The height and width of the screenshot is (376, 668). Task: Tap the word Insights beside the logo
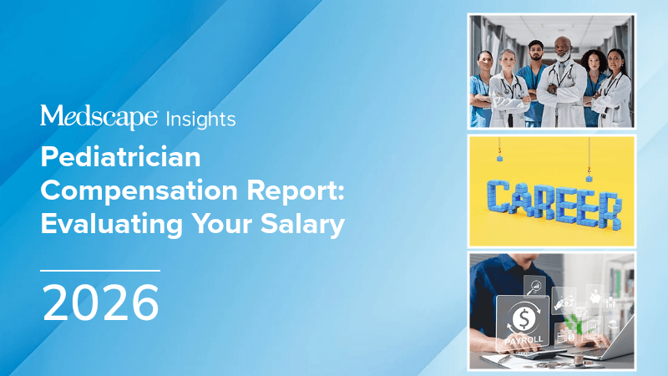pyautogui.click(x=200, y=119)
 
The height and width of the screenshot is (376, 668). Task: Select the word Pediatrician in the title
pyautogui.click(x=120, y=157)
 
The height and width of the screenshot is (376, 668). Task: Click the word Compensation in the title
pyautogui.click(x=139, y=191)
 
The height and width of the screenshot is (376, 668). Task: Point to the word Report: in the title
pyautogui.click(x=296, y=192)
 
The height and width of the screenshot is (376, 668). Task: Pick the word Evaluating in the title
pyautogui.click(x=112, y=224)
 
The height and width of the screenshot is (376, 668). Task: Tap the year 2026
pyautogui.click(x=100, y=303)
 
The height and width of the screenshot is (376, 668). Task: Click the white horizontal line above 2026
pyautogui.click(x=100, y=270)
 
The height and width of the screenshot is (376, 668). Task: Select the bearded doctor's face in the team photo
pyautogui.click(x=562, y=50)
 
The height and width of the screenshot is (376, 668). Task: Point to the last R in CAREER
pyautogui.click(x=609, y=211)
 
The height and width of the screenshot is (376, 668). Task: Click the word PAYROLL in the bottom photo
pyautogui.click(x=524, y=341)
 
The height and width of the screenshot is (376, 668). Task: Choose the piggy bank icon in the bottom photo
pyautogui.click(x=595, y=298)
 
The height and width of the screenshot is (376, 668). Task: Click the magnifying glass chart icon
pyautogui.click(x=534, y=287)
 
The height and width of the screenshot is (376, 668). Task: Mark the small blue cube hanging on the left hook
pyautogui.click(x=499, y=158)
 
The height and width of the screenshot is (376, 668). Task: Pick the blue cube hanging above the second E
pyautogui.click(x=589, y=178)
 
